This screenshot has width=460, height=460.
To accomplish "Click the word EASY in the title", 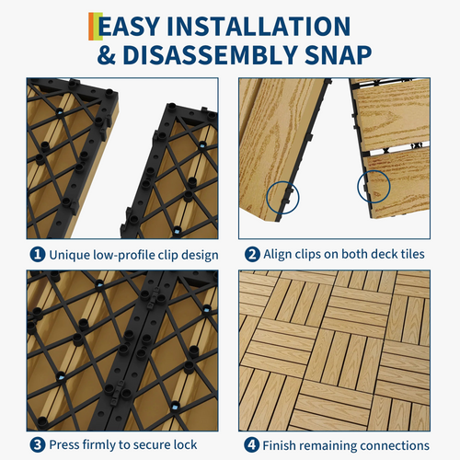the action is [129, 27].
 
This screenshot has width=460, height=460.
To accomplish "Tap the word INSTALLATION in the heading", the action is [259, 27].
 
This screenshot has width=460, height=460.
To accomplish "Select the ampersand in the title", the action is [107, 55].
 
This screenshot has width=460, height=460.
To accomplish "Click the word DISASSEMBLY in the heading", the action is [210, 55].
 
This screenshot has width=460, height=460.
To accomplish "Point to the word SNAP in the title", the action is [338, 55].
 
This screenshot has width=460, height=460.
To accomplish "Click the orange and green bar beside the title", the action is [96, 27].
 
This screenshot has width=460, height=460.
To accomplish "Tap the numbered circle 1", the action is [38, 255].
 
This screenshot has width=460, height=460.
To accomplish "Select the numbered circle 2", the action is [252, 255].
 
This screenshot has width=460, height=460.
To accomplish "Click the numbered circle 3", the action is [38, 445].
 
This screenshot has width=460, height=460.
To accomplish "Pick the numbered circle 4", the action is [251, 445].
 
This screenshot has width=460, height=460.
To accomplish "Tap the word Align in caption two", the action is [278, 255].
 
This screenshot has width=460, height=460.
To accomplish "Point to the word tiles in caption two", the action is [413, 254].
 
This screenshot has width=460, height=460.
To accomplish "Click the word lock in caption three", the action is [185, 444].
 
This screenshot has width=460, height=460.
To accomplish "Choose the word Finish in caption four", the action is [278, 445].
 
